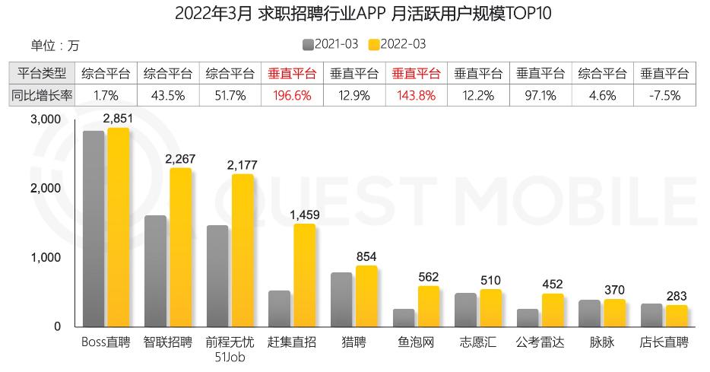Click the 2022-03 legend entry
pos(397,44)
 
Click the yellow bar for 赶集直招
pos(304,275)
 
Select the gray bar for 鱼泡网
pos(404,317)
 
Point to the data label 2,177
pos(242,165)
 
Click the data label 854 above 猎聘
pos(366,256)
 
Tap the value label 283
pos(677,296)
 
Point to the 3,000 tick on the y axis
pos(46,119)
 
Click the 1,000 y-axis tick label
pos(46,258)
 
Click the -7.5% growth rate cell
pos(664,96)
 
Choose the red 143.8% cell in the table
pos(416,96)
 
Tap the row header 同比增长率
pos(41,96)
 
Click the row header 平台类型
pos(41,74)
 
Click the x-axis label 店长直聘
pos(664,343)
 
